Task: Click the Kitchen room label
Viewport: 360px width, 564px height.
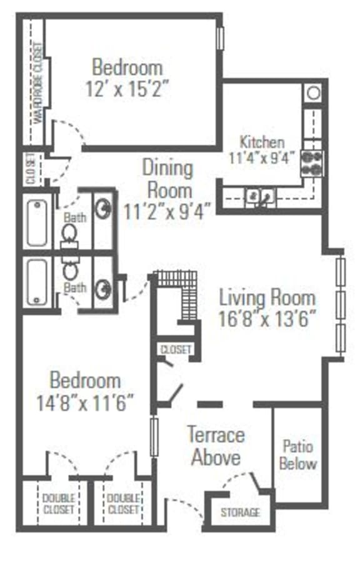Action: (262, 142)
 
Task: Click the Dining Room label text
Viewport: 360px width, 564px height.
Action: (167, 178)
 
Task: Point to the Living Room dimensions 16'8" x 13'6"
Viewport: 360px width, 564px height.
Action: (267, 318)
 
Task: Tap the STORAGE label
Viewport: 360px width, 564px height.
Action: (240, 513)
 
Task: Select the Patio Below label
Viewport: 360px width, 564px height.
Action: (297, 455)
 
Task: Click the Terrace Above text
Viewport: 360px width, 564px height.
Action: (216, 446)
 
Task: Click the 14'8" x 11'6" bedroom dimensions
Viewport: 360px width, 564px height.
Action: (84, 401)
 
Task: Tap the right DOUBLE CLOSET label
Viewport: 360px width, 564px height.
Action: (122, 503)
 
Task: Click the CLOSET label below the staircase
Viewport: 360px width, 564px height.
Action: (176, 350)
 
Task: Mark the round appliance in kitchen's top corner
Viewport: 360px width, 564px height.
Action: (312, 93)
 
